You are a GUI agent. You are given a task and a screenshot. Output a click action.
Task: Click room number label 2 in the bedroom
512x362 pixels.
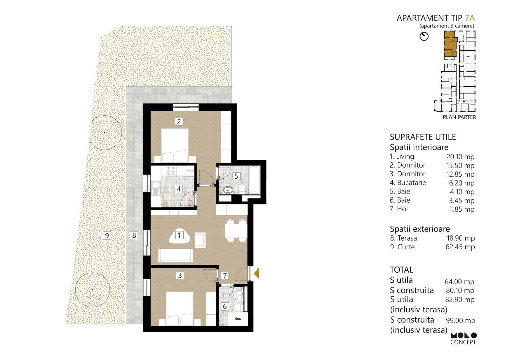click(x=179, y=121)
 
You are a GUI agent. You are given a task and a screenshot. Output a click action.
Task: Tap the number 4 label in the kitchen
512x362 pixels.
click(x=179, y=189)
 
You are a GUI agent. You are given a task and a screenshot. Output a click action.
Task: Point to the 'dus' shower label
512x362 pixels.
click(x=238, y=319)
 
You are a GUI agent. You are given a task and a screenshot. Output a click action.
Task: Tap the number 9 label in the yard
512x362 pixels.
click(x=107, y=235)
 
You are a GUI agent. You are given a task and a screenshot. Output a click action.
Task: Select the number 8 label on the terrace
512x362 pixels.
click(x=134, y=235)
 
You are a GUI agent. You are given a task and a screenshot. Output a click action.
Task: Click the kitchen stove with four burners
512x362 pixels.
click(x=171, y=171)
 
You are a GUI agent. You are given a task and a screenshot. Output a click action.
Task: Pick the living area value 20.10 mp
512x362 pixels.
click(x=460, y=157)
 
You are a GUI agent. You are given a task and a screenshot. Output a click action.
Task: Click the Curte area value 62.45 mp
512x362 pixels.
click(x=460, y=247)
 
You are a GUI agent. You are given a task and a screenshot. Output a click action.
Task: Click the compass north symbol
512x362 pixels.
click(x=424, y=36)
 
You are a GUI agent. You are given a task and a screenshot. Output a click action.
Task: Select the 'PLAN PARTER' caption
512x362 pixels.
click(x=459, y=117)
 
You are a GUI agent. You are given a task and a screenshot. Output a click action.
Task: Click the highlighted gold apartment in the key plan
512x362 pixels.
click(x=450, y=44)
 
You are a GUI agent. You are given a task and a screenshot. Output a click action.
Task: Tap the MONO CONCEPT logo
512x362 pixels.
click(x=463, y=339)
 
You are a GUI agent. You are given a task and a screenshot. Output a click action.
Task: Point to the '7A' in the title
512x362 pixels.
click(x=470, y=18)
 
